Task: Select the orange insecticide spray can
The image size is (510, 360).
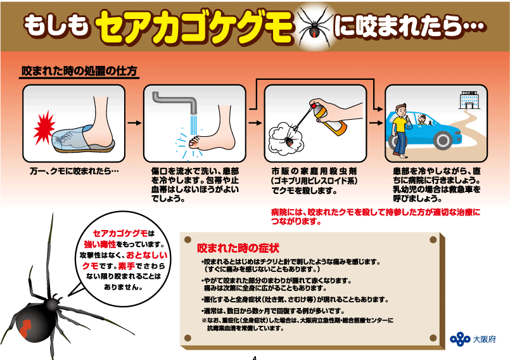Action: (x=329, y=119)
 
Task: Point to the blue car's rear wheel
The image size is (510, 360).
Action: (x=443, y=140)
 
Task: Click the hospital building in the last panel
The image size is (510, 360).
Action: (x=468, y=100)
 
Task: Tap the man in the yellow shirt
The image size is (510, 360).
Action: (x=400, y=131)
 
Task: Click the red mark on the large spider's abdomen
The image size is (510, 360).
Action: (x=25, y=328)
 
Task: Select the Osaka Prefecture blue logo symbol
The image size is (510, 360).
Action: (x=460, y=339)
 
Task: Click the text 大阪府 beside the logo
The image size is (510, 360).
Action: (x=484, y=339)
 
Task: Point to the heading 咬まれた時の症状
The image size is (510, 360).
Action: (x=238, y=248)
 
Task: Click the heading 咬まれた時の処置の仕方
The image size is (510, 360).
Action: (x=79, y=71)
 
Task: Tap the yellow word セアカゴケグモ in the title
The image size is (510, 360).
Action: (x=194, y=27)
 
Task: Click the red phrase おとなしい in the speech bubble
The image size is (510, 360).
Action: (x=147, y=255)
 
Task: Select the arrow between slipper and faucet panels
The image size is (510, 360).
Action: (x=134, y=123)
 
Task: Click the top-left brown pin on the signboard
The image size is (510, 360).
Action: (x=188, y=240)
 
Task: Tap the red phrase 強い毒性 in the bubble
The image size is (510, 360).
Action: (x=100, y=244)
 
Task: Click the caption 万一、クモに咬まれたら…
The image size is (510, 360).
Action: (x=74, y=171)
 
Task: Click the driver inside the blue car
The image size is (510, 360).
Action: (x=422, y=120)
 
